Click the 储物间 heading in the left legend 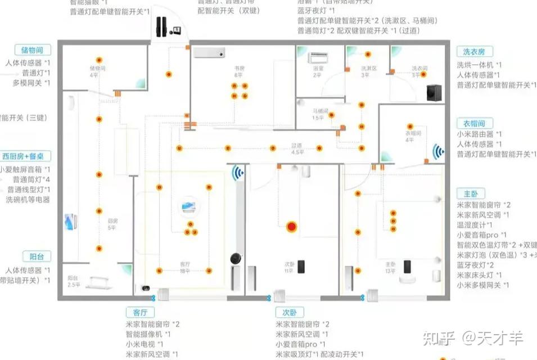(32, 50)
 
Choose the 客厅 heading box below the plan (139, 312)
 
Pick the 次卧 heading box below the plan (290, 312)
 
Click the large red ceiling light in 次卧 (292, 227)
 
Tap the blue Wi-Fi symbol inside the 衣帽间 (438, 151)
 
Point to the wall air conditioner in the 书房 (210, 53)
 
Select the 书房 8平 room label (239, 71)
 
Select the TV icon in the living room (188, 207)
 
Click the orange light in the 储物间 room (99, 60)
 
